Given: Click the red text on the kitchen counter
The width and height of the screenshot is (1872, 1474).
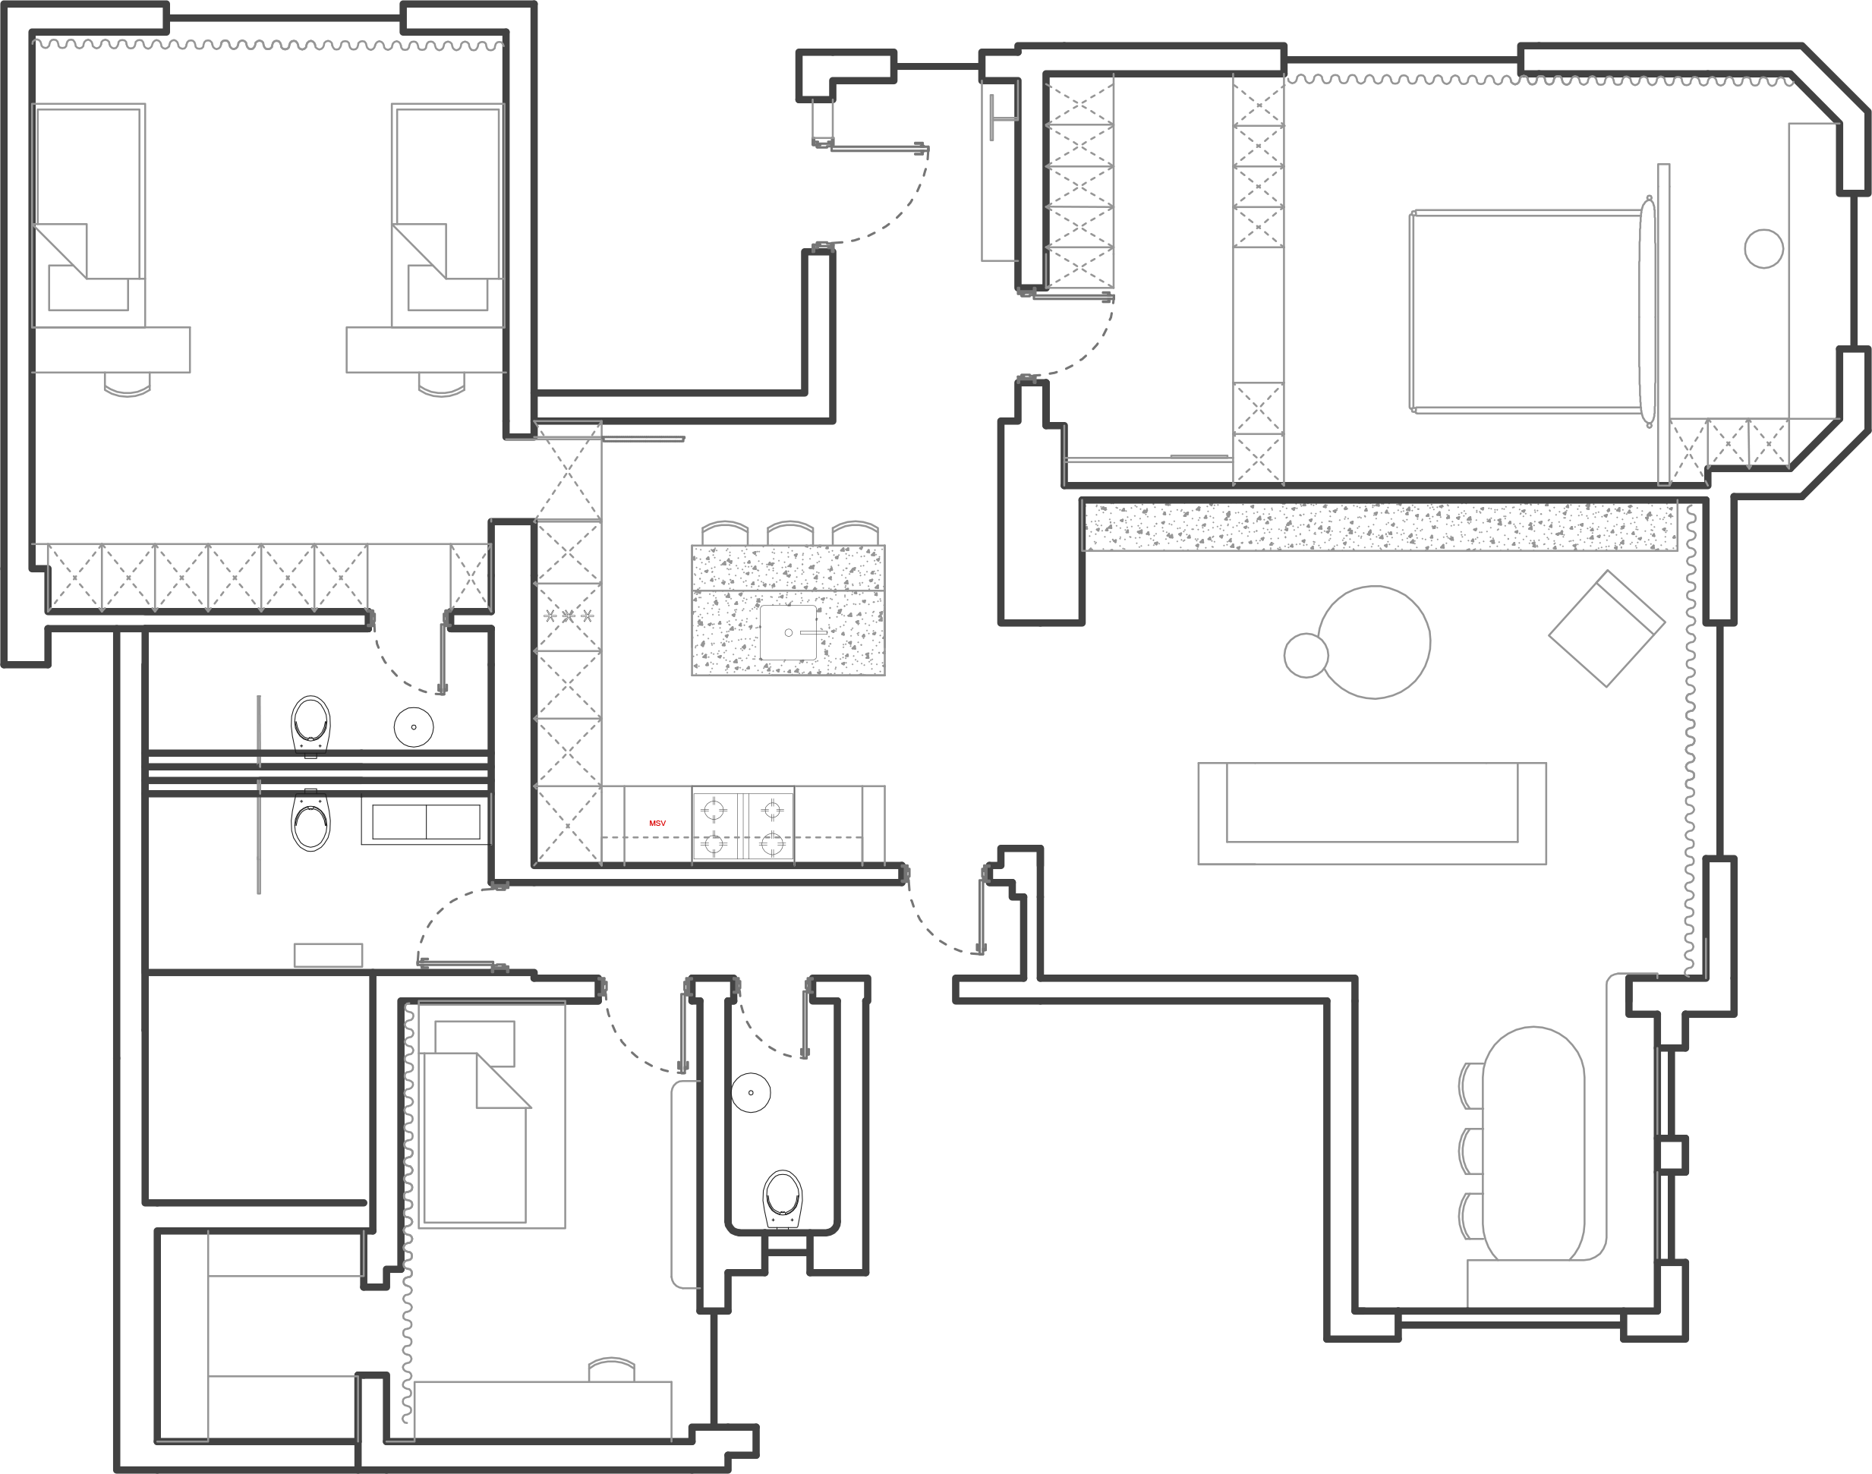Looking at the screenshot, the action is [657, 824].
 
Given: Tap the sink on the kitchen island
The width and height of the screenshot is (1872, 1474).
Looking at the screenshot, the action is [788, 632].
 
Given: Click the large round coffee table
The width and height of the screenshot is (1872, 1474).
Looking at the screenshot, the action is [1374, 642].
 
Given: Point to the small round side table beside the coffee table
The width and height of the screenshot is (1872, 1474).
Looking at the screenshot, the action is [1306, 655].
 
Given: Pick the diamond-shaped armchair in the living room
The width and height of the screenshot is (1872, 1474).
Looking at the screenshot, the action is [1606, 628].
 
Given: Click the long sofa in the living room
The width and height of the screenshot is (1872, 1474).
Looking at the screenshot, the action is [1372, 813].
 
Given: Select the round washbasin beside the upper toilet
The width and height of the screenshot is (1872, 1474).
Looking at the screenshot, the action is [414, 726].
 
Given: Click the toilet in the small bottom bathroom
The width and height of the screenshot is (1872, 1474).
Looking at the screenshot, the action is [783, 1198].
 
